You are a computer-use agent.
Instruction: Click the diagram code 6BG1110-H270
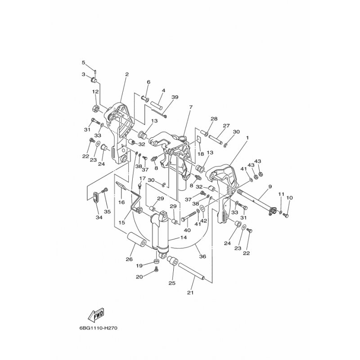coord(99,328)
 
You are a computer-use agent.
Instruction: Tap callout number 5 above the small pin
coord(84,63)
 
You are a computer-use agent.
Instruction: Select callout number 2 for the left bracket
coord(127,74)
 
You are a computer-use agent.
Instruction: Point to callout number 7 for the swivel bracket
coord(191,107)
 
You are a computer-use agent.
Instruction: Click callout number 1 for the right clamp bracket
coord(247,138)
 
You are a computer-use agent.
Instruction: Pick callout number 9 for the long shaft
coord(270,186)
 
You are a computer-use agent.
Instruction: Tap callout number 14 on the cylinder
coord(184,238)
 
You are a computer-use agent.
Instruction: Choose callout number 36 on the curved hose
coord(202,256)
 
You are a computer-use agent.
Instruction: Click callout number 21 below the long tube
coord(190,293)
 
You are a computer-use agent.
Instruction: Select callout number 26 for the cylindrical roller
coord(129,259)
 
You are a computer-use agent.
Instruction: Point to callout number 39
coord(175,97)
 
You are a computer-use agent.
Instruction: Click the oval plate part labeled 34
coord(96,198)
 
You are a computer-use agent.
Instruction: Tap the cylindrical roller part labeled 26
coord(137,240)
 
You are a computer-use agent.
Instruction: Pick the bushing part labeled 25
coord(172,261)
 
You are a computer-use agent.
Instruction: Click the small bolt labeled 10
coord(286,216)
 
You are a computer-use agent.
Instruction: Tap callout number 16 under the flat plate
coord(121,202)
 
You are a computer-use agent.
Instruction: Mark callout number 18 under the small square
coord(201,153)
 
